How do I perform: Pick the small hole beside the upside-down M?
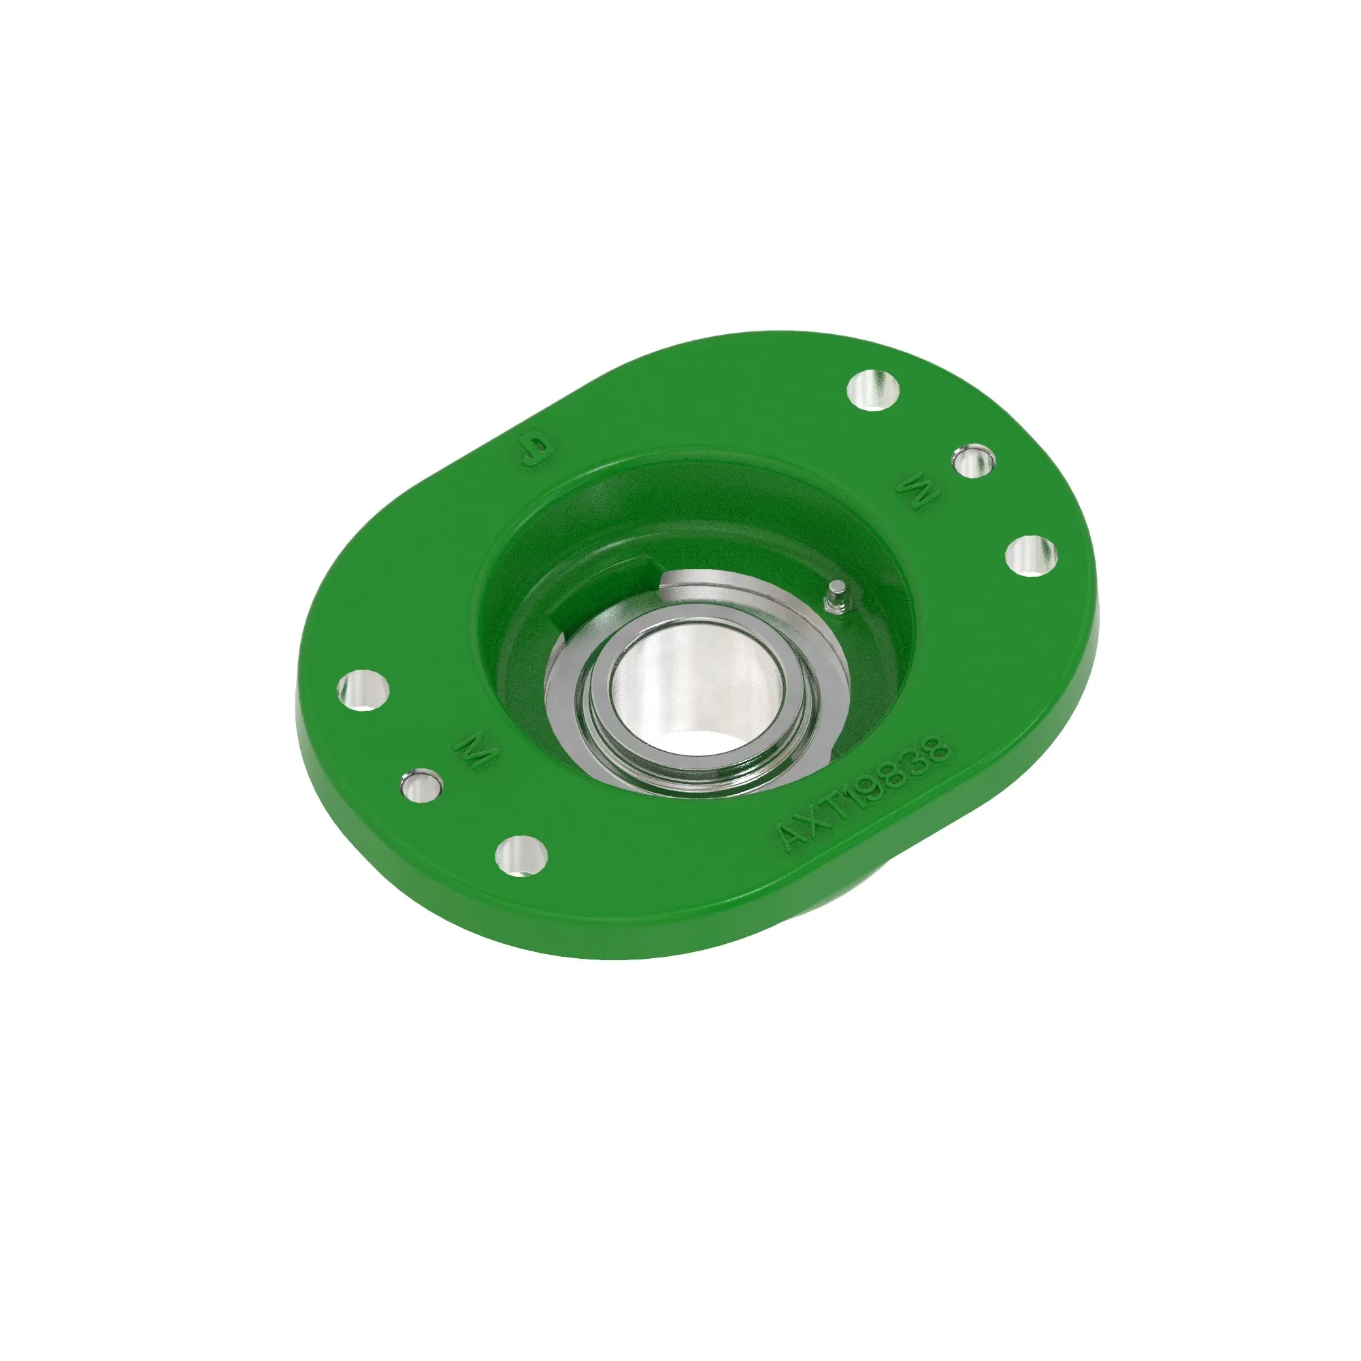972,461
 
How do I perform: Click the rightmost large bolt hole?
1030,556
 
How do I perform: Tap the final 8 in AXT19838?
938,747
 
